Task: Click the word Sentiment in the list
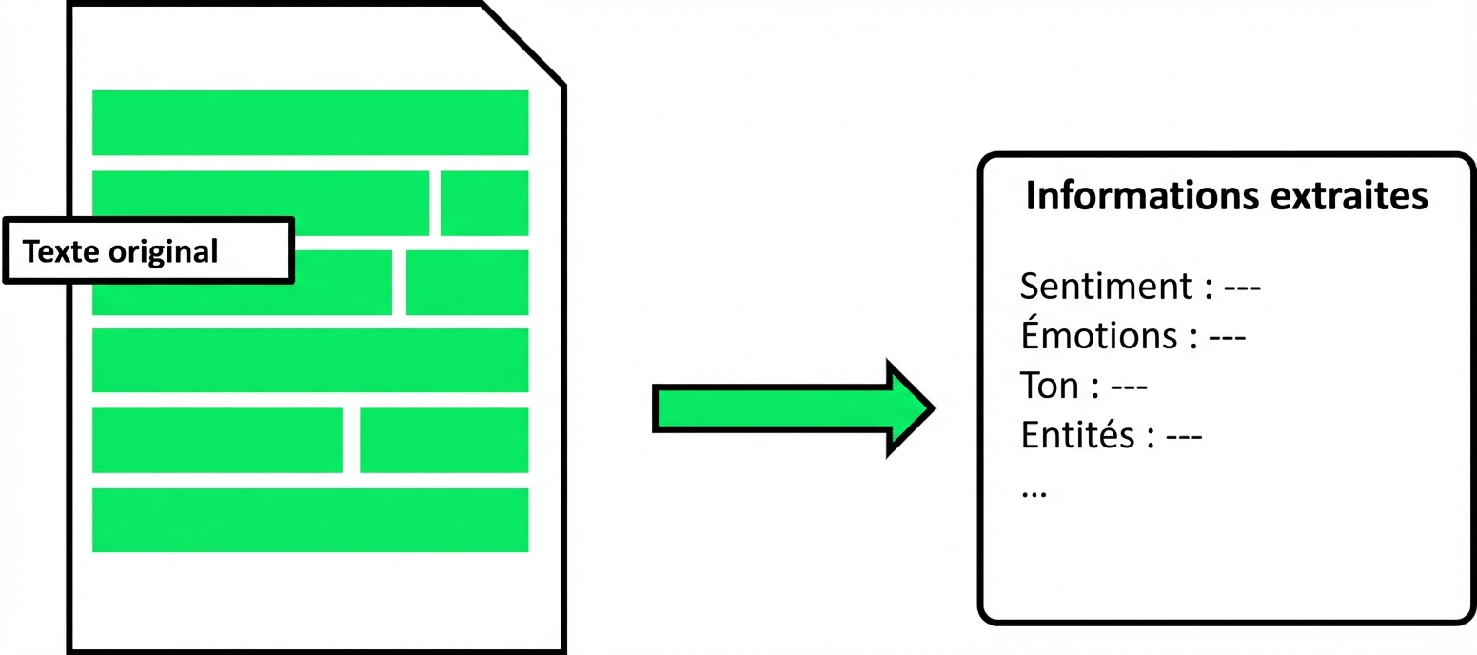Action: tap(1104, 286)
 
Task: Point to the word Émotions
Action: tap(1098, 335)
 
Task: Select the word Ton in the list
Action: tap(1049, 386)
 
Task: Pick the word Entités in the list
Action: tap(1077, 435)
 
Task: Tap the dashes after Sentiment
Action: tap(1242, 287)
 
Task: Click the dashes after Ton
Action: tap(1130, 387)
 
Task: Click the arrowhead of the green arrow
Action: tap(909, 408)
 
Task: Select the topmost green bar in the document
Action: tap(309, 122)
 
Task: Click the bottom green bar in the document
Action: tap(309, 520)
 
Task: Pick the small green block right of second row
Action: tap(483, 203)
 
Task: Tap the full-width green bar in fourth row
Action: tap(309, 360)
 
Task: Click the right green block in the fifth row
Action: tap(443, 440)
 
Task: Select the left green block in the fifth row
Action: tap(217, 440)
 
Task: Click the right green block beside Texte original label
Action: tap(466, 282)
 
